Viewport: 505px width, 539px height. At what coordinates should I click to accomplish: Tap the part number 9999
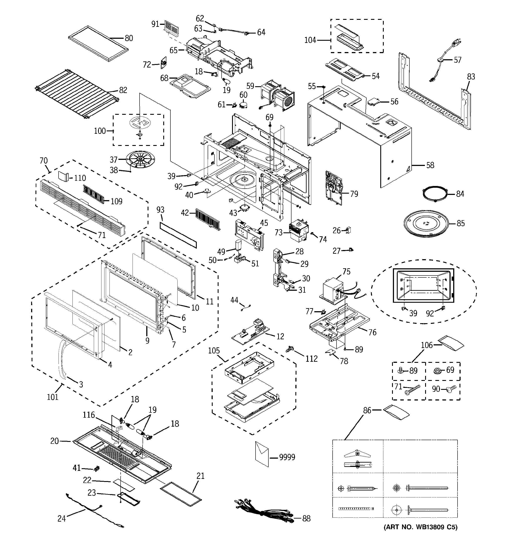point(287,457)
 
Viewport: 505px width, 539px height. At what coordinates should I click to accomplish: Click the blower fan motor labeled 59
point(278,95)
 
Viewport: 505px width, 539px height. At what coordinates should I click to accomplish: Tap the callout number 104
point(310,40)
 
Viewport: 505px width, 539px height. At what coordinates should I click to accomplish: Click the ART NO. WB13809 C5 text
point(420,527)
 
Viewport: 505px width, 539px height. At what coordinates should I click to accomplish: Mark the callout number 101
point(53,397)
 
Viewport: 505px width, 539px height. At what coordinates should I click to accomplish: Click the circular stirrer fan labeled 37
point(141,159)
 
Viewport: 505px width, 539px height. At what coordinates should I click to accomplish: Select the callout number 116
point(89,415)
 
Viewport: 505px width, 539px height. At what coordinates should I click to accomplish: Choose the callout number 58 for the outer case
point(430,165)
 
